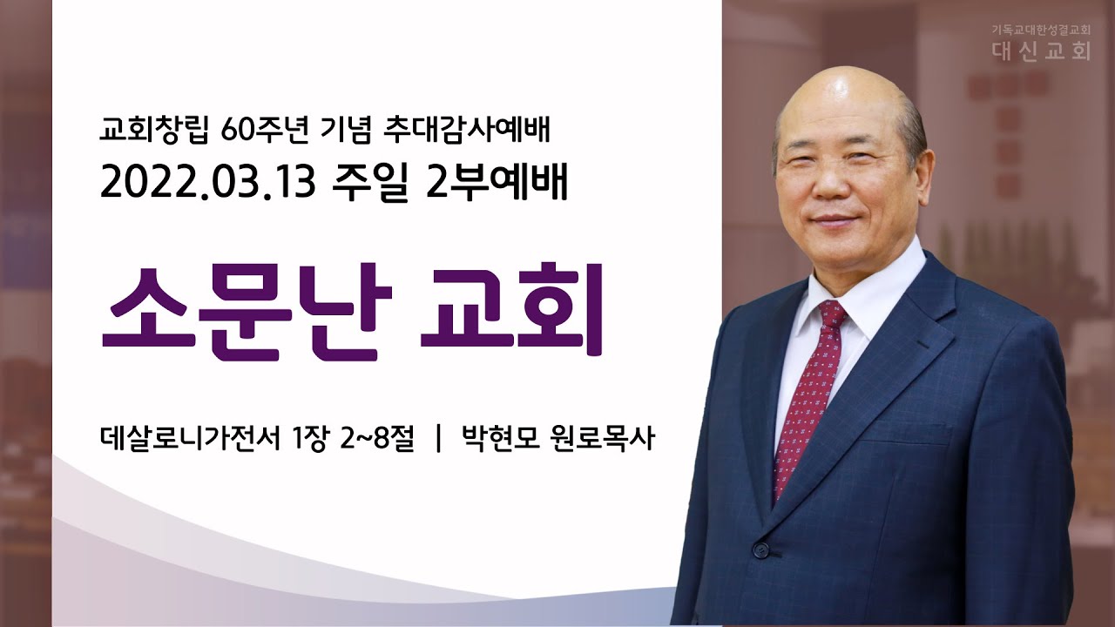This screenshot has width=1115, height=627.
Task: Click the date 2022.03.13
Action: click(x=208, y=183)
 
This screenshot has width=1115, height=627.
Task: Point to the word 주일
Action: click(x=370, y=183)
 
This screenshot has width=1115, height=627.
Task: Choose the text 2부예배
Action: click(x=497, y=183)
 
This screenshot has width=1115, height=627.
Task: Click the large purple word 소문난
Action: click(x=247, y=313)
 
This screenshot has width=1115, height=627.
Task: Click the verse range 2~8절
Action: click(x=377, y=440)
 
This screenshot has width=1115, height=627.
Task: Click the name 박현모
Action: click(x=501, y=440)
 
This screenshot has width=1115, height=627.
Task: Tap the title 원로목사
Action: click(x=604, y=440)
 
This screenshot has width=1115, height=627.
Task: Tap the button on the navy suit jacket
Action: click(x=760, y=549)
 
